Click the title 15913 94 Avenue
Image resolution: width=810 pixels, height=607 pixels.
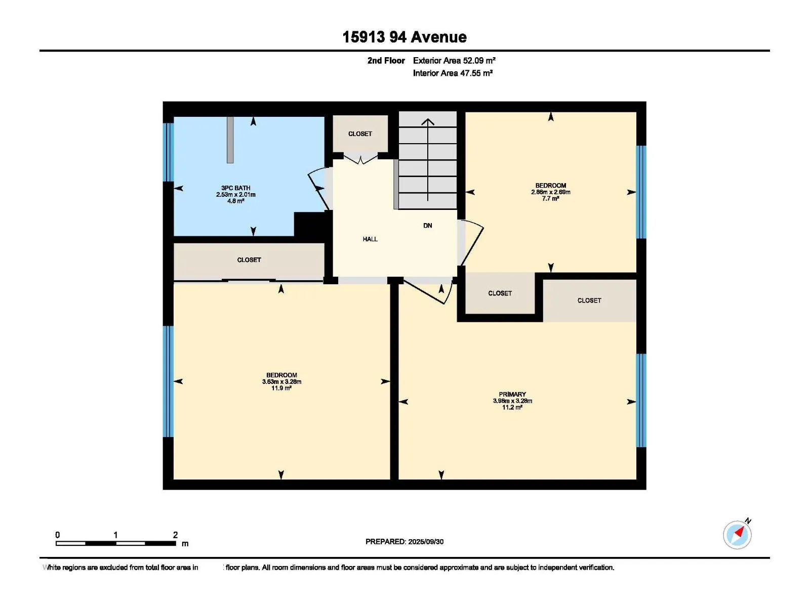404,37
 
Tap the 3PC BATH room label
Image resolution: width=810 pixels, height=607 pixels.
236,188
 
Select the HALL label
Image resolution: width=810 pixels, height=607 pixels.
370,239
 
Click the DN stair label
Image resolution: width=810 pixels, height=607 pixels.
428,226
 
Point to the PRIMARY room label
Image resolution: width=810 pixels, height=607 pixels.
512,394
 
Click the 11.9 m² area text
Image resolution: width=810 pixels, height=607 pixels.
281,388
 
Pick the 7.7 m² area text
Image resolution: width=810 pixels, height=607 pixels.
551,199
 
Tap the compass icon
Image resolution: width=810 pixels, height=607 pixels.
737,535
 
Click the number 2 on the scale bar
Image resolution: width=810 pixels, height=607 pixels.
175,535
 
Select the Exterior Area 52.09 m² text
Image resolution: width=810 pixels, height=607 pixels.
454,60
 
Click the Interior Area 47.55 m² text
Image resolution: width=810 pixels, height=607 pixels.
453,73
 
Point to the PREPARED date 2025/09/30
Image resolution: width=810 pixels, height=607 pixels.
425,541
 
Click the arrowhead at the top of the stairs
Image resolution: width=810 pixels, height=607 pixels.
428,121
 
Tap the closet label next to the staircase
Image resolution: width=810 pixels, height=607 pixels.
360,134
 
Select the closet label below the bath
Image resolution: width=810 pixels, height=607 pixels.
249,260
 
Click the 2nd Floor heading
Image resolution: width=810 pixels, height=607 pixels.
386,60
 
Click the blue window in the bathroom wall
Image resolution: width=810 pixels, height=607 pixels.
168,152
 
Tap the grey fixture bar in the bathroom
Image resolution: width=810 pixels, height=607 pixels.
230,140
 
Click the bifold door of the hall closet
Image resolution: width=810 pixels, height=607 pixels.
360,159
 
